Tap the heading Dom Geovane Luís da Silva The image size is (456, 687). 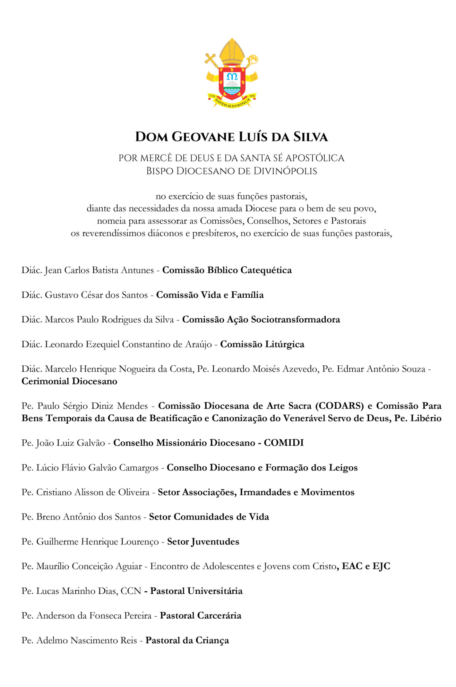click(x=231, y=137)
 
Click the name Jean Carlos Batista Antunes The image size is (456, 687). click(x=99, y=270)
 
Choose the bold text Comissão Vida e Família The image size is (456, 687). click(x=210, y=295)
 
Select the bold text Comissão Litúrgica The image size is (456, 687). click(x=262, y=344)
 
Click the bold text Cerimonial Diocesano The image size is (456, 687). click(x=69, y=381)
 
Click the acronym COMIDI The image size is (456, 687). click(x=284, y=443)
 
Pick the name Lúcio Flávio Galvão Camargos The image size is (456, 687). click(x=97, y=468)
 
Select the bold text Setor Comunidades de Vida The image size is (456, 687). click(x=209, y=517)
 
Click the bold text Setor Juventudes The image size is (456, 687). click(x=203, y=542)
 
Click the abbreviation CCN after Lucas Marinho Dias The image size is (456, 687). click(x=131, y=591)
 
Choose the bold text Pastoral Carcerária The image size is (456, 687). click(x=200, y=616)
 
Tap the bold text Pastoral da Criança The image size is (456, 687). click(x=187, y=640)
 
